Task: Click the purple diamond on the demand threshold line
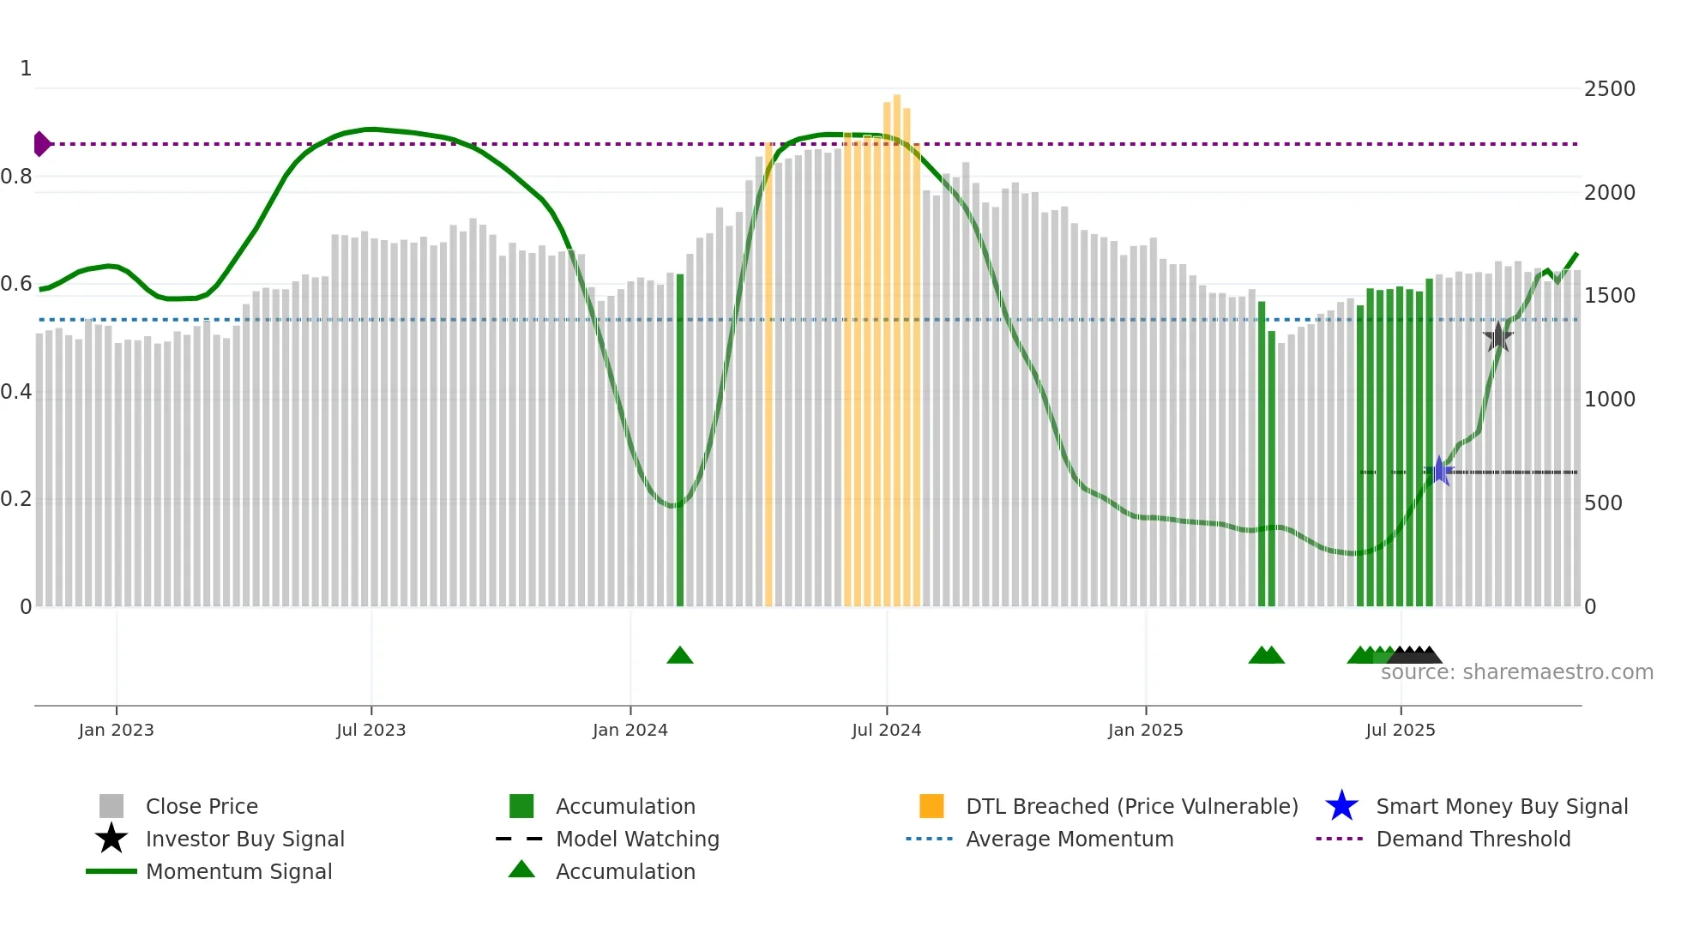coord(41,144)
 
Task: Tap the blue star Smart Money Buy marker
coord(1439,472)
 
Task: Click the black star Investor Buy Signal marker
coord(1498,337)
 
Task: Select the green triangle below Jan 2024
coord(680,656)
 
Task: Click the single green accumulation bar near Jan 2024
coord(680,442)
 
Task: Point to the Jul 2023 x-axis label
coord(371,731)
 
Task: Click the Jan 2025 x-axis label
coord(1145,731)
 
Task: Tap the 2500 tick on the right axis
coord(1609,89)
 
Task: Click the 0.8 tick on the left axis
coord(17,177)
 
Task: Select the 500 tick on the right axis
coord(1603,503)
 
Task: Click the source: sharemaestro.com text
coord(1516,672)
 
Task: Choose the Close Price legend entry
coord(202,807)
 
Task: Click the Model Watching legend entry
coord(637,840)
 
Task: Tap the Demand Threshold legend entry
coord(1473,840)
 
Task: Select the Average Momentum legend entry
coord(1069,840)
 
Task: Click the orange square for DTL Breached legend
coord(931,807)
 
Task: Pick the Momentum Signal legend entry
coord(238,872)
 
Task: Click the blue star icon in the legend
coord(1341,807)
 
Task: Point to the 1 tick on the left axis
coord(26,69)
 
